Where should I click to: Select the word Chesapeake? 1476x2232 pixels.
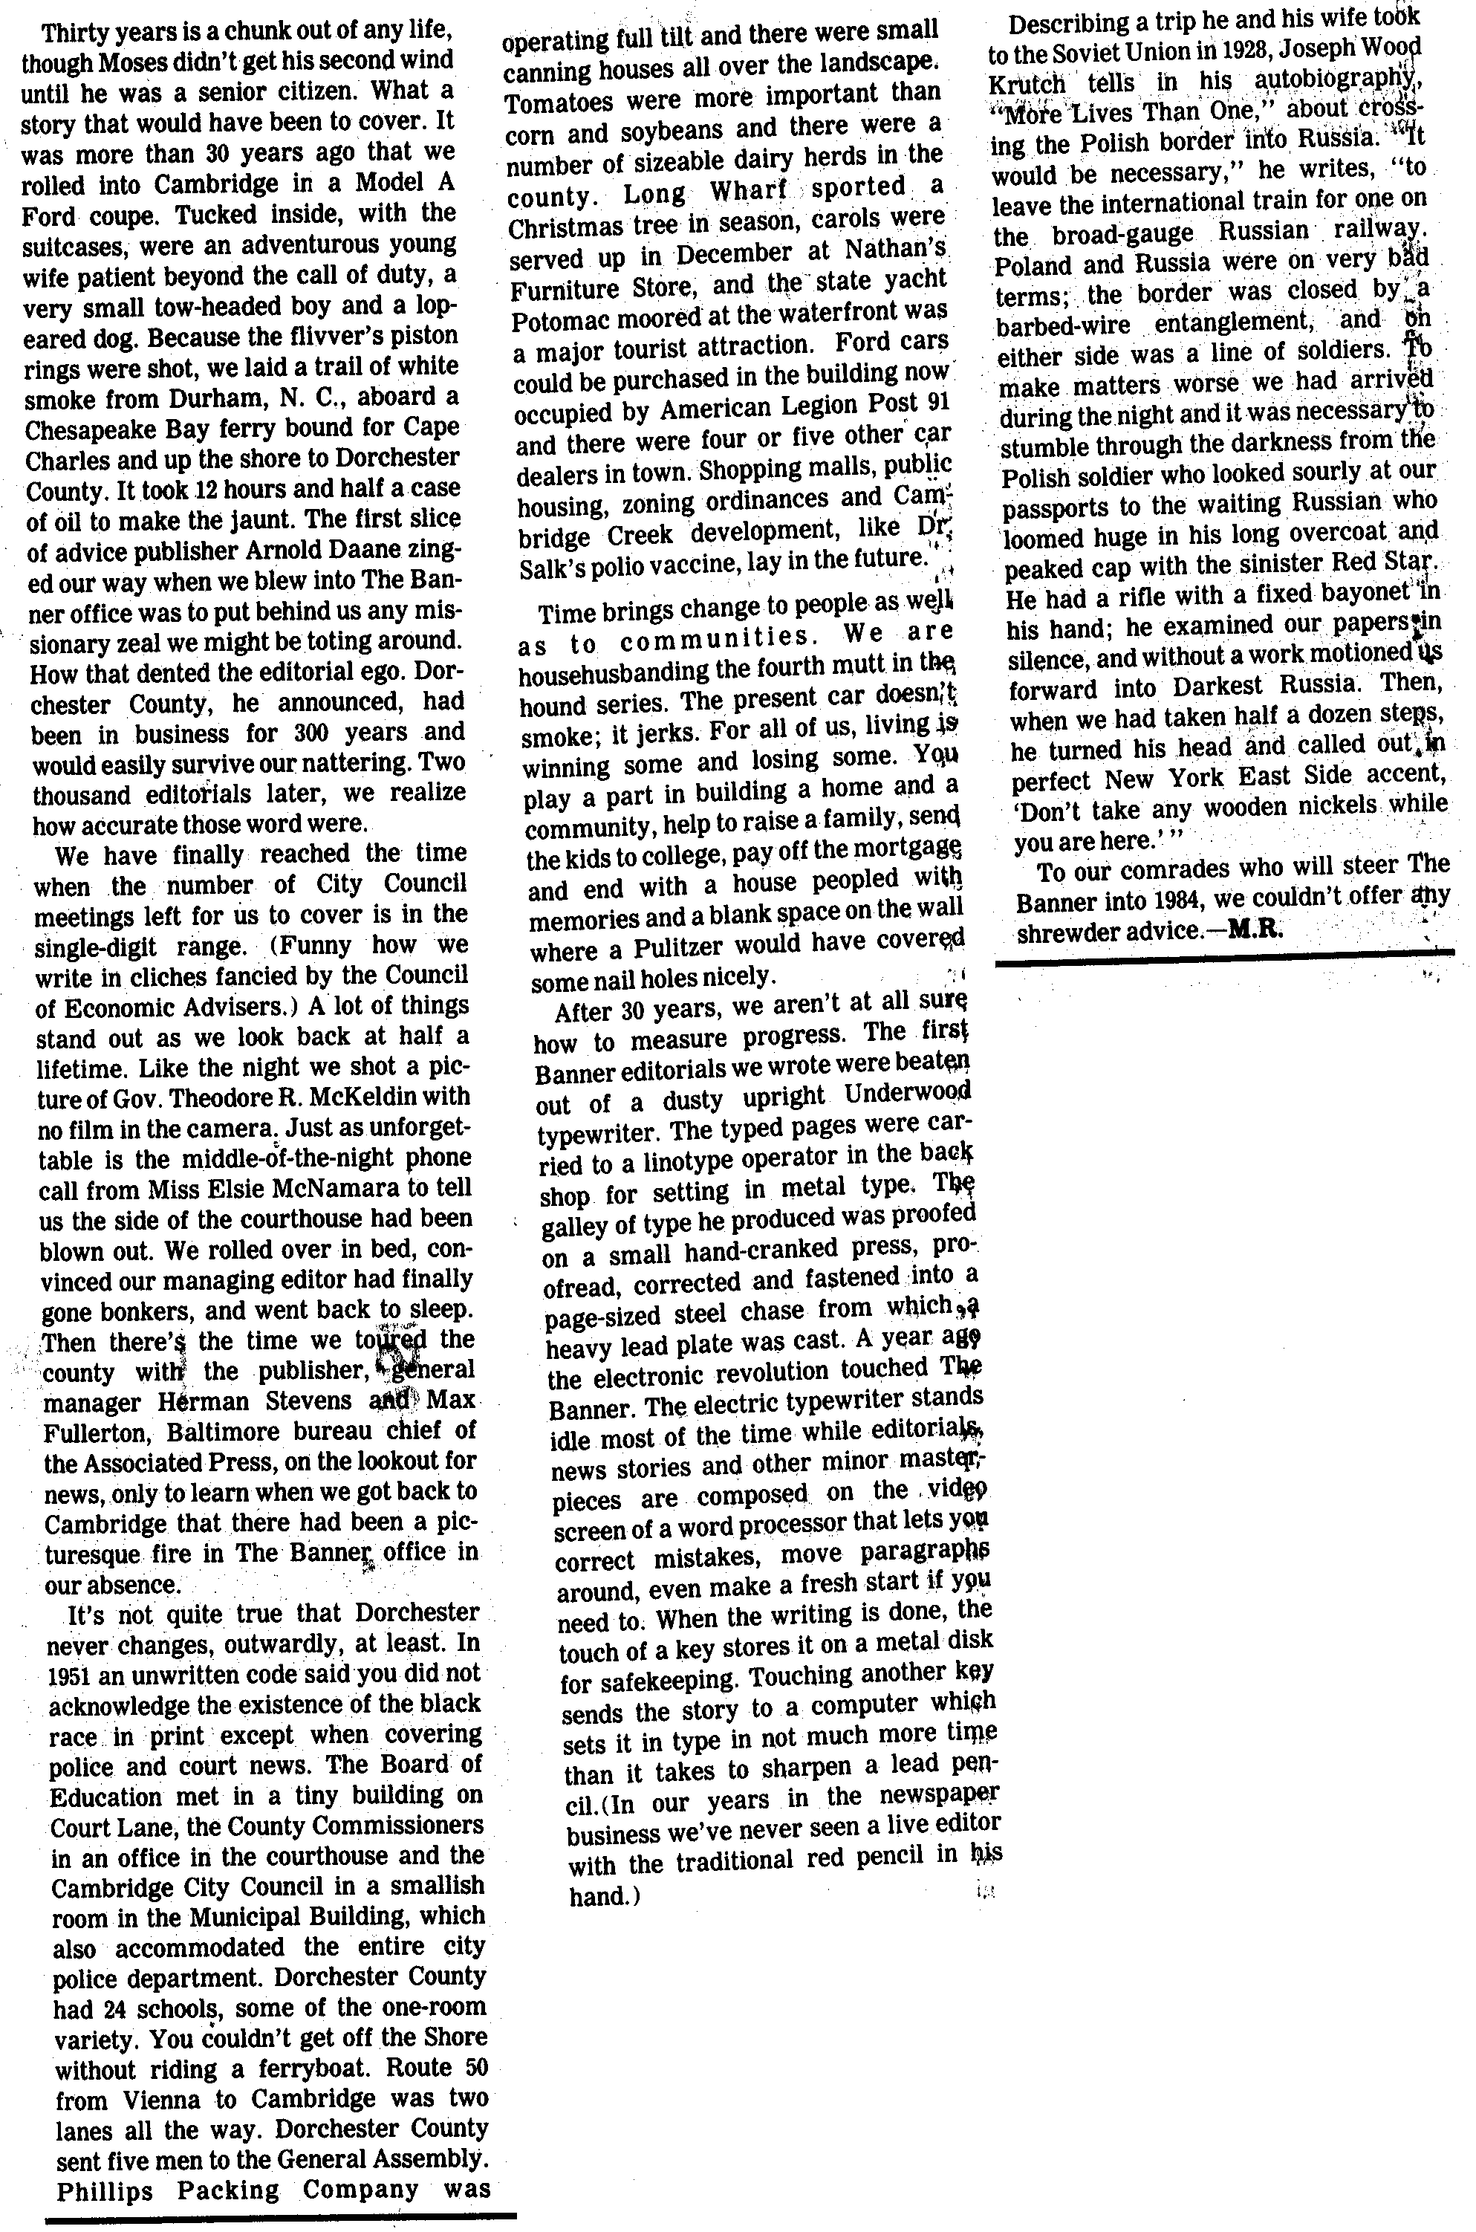pyautogui.click(x=103, y=427)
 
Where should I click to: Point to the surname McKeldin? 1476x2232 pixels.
pyautogui.click(x=366, y=1097)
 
